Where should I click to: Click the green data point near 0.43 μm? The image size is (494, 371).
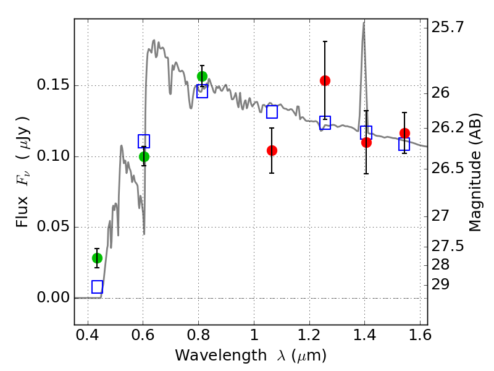click(97, 258)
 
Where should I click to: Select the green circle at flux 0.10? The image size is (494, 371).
click(144, 156)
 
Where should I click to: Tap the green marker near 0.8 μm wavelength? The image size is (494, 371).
click(202, 76)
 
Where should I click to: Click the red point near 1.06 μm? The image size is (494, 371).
click(272, 150)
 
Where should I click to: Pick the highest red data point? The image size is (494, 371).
click(325, 80)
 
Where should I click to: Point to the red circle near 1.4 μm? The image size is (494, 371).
click(366, 142)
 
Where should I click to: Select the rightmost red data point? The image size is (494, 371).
click(404, 133)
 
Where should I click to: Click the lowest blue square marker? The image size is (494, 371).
click(97, 287)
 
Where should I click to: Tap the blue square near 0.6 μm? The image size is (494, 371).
click(144, 141)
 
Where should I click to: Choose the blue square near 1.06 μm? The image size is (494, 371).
click(272, 112)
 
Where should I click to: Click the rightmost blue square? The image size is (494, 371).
click(404, 144)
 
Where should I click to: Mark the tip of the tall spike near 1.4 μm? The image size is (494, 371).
click(364, 22)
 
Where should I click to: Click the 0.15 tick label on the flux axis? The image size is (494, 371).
click(52, 85)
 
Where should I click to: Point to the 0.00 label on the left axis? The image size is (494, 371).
click(52, 297)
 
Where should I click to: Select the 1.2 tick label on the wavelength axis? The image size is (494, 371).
click(310, 335)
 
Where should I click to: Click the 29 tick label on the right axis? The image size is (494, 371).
click(440, 284)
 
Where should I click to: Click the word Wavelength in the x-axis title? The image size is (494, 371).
click(221, 355)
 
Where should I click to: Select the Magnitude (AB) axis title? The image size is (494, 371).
click(475, 173)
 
